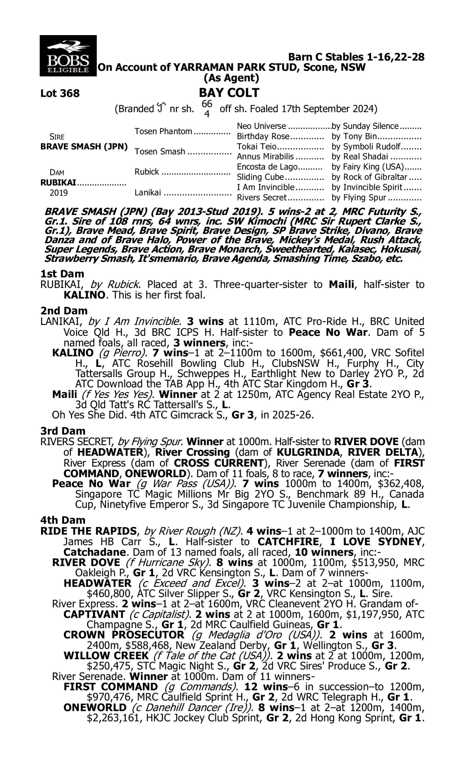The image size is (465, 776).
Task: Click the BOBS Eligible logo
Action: point(68,56)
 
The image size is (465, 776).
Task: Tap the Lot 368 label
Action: point(60,93)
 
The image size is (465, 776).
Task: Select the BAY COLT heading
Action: point(229,93)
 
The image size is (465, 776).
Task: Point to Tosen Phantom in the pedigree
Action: point(163,131)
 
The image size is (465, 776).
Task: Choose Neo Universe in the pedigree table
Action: point(261,126)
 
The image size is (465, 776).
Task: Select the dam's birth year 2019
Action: point(59,193)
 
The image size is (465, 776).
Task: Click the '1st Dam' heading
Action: point(62,274)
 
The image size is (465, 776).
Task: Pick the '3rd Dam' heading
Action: point(63,431)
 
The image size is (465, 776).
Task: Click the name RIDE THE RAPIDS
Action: point(89,531)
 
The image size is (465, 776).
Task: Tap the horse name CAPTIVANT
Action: point(94,614)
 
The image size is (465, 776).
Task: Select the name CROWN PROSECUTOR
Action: point(124,635)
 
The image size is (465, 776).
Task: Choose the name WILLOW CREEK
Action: point(106,656)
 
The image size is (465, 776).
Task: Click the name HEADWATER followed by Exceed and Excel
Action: point(97,583)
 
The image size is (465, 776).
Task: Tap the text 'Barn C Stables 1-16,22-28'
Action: point(356,57)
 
